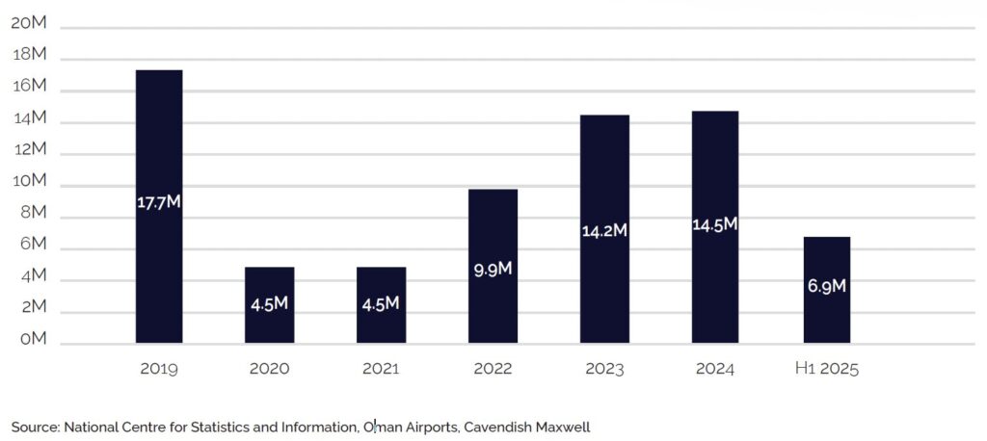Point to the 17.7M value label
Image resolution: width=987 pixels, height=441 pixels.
click(159, 203)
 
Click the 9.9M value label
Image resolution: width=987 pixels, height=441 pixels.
click(493, 269)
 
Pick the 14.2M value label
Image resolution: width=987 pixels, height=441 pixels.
click(604, 231)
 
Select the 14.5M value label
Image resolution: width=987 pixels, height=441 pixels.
click(715, 224)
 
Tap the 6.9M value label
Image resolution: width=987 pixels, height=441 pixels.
click(827, 287)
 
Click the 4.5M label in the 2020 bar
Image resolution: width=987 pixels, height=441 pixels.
click(270, 304)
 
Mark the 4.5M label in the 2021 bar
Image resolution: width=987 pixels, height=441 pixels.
click(381, 304)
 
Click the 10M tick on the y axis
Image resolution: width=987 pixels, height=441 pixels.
click(29, 181)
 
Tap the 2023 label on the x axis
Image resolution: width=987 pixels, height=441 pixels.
click(604, 369)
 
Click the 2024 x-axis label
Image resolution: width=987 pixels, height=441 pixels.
click(715, 369)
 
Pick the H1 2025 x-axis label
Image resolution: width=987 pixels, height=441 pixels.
click(827, 369)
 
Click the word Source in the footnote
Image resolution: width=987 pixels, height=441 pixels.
click(35, 426)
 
